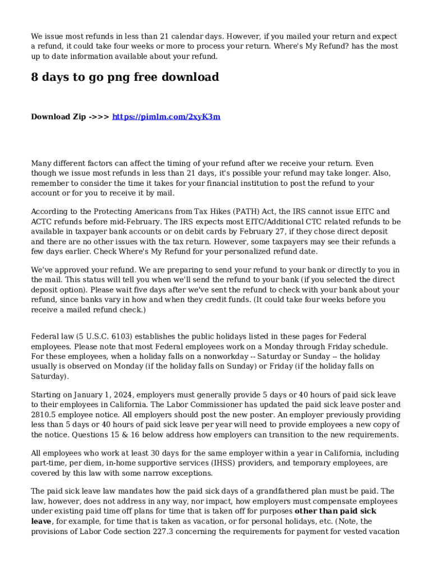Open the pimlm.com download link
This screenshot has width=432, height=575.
click(166, 117)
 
